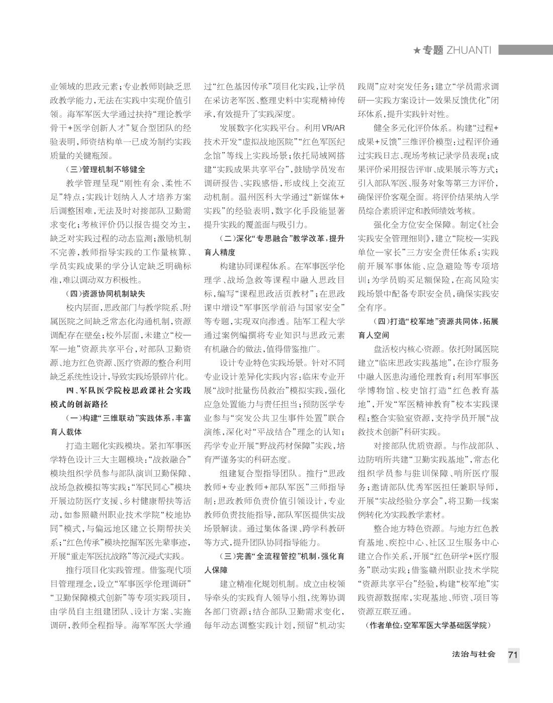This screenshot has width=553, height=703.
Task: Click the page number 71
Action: [513, 655]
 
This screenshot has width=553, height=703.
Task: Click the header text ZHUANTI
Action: [468, 50]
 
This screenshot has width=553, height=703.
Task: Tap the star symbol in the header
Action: [416, 50]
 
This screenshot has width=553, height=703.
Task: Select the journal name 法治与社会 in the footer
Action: [474, 655]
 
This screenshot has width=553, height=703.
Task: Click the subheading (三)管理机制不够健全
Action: [106, 169]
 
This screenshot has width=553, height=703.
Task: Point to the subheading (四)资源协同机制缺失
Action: [106, 294]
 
